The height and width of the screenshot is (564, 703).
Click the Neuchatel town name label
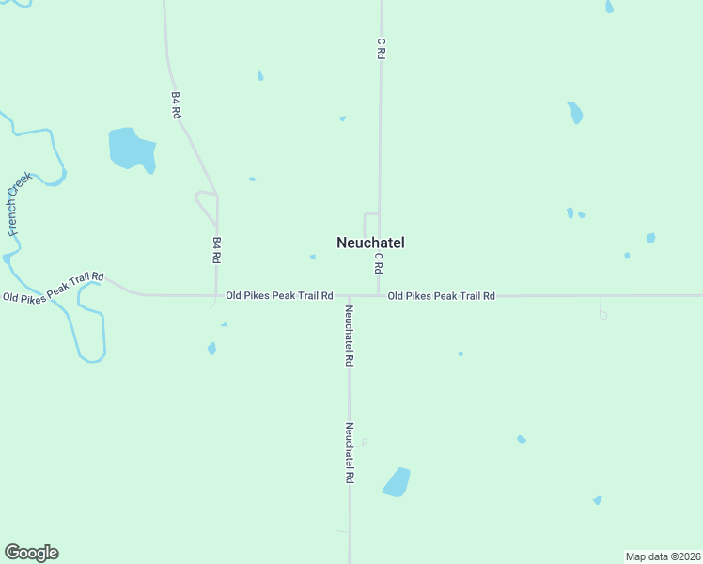(x=370, y=243)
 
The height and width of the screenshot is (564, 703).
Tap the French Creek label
(x=20, y=203)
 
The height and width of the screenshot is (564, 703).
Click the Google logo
(x=31, y=553)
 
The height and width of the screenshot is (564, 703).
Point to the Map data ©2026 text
(x=663, y=556)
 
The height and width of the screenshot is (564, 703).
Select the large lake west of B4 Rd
(x=132, y=149)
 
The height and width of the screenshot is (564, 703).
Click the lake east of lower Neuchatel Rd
(x=397, y=481)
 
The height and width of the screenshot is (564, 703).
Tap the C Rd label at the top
(x=381, y=49)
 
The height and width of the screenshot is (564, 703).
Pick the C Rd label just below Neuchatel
(x=379, y=262)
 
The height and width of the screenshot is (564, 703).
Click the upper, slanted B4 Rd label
(x=176, y=103)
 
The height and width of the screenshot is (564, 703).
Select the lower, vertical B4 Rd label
(x=217, y=249)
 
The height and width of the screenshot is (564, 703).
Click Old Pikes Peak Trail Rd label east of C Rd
(x=441, y=296)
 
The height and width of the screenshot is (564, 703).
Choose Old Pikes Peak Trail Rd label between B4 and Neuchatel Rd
(x=279, y=296)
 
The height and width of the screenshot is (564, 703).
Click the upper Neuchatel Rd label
(x=349, y=336)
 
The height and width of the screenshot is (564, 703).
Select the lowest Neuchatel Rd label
(x=349, y=453)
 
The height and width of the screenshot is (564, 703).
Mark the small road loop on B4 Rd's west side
(x=205, y=201)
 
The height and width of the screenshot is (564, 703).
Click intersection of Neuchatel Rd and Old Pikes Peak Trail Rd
(x=349, y=296)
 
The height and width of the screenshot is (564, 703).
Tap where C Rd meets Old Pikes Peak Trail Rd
(x=379, y=296)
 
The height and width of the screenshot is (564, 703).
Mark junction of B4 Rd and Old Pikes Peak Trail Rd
(x=217, y=295)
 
